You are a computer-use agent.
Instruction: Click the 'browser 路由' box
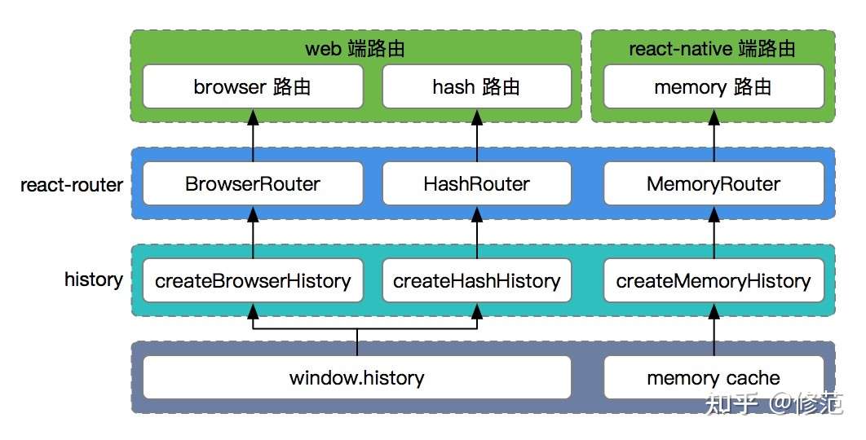coord(253,87)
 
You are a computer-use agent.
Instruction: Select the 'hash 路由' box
coord(476,87)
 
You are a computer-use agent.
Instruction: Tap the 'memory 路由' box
coord(714,87)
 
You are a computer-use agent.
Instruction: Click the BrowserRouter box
coord(253,184)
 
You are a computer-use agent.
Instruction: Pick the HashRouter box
coord(476,184)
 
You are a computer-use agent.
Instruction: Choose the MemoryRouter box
coord(714,184)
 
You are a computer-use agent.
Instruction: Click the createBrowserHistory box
coord(253,281)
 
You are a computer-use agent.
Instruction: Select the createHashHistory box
coord(476,281)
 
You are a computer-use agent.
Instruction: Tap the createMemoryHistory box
coord(714,281)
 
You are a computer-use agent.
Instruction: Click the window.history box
coord(357,378)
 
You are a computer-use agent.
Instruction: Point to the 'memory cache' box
coord(714,378)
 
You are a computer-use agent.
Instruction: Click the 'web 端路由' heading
coord(356,49)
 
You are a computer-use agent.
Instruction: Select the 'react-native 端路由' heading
coord(712,49)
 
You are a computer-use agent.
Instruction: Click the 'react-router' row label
coord(72,185)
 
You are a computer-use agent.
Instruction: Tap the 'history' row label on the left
coord(94,280)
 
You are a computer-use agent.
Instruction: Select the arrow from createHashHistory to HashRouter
coord(476,233)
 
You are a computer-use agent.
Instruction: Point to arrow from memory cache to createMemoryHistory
coord(714,330)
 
